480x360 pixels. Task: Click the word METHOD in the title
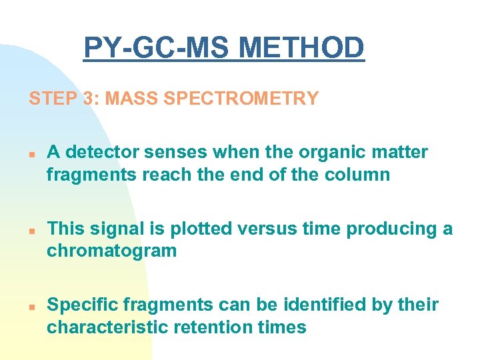point(301,48)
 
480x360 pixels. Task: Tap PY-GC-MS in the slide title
point(157,48)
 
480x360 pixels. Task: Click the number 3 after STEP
point(89,99)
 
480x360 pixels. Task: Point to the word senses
point(174,153)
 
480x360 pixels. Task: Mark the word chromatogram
point(111,251)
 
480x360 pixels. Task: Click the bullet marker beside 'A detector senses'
point(31,153)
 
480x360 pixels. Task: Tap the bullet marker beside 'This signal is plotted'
point(31,230)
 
